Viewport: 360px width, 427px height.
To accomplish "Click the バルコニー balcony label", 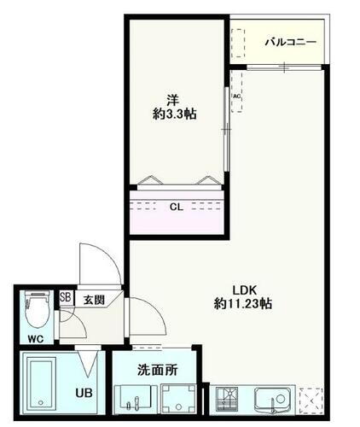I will pyautogui.click(x=291, y=41).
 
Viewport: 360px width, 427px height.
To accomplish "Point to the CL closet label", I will pyautogui.click(x=175, y=206).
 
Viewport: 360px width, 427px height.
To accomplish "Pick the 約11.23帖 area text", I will pyautogui.click(x=243, y=303).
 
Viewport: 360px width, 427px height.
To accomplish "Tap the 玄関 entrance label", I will pyautogui.click(x=93, y=300).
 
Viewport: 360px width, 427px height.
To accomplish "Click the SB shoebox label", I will pyautogui.click(x=65, y=299).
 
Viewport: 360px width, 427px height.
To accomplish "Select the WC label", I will pyautogui.click(x=34, y=339).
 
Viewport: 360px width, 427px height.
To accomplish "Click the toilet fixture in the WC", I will pyautogui.click(x=36, y=312).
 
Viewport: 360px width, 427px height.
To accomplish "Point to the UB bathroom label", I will pyautogui.click(x=85, y=394).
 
